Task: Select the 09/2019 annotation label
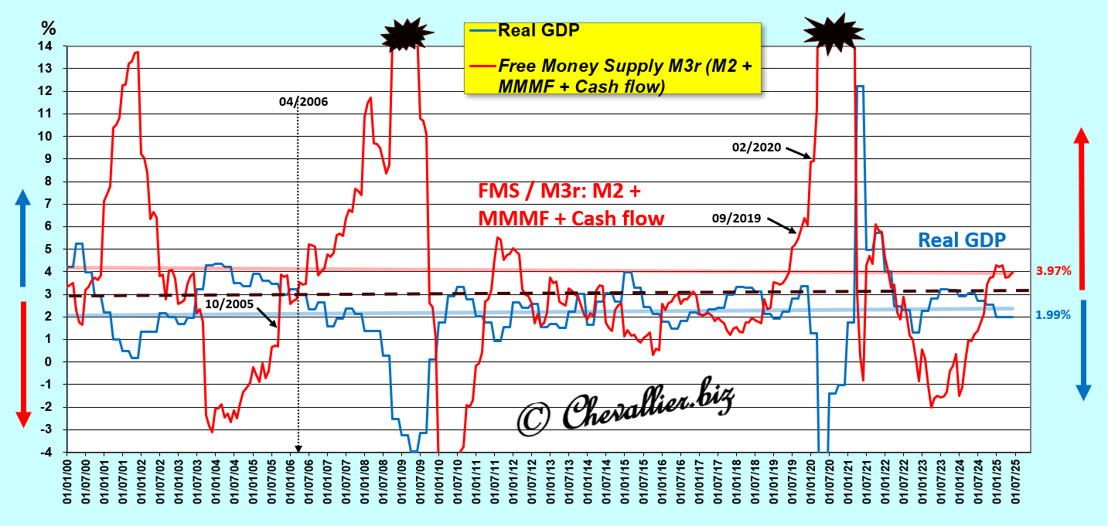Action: [737, 219]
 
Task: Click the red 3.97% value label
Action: [1052, 271]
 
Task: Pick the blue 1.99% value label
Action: [1052, 315]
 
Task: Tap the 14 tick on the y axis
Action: [49, 46]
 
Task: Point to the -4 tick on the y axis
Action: [49, 452]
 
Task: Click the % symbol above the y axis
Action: [49, 29]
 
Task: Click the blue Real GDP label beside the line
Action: [962, 239]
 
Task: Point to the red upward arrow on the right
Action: [1082, 209]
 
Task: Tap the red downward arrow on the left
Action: [22, 363]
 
